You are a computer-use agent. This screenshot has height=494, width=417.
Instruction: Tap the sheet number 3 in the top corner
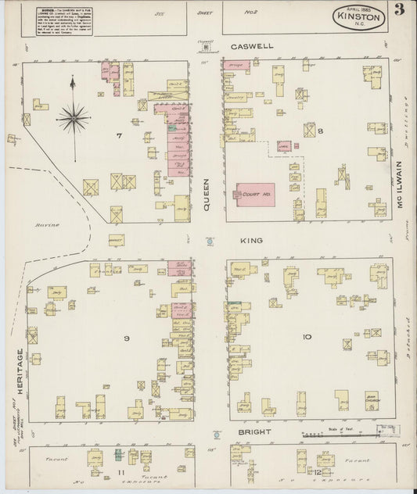[x=399, y=10]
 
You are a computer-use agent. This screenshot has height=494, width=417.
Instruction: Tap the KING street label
[x=253, y=242]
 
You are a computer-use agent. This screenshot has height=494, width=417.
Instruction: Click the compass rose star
[x=73, y=118]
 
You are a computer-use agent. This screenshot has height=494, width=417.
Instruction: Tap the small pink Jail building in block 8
[x=284, y=145]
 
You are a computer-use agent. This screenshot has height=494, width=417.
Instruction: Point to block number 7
[x=120, y=137]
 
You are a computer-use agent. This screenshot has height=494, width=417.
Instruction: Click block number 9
[x=125, y=338]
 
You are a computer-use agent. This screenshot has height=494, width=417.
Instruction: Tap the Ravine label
[x=42, y=224]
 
